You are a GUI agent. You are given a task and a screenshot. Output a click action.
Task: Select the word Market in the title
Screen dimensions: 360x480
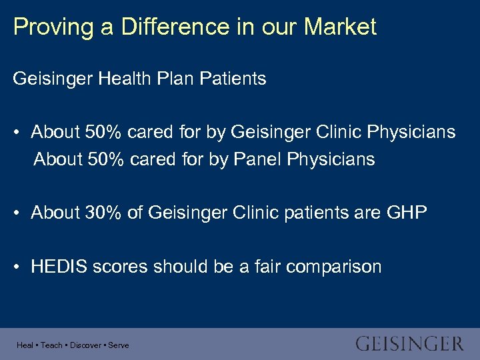click(340, 27)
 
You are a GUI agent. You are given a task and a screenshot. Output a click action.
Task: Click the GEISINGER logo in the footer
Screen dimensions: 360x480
click(409, 344)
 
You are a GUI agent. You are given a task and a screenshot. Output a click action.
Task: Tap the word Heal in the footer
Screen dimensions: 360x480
click(25, 345)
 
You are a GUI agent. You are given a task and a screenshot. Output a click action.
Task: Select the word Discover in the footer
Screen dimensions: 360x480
click(85, 345)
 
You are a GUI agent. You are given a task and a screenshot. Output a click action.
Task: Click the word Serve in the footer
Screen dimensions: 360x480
click(119, 345)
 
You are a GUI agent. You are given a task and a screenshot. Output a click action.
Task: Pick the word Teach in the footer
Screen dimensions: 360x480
click(51, 345)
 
